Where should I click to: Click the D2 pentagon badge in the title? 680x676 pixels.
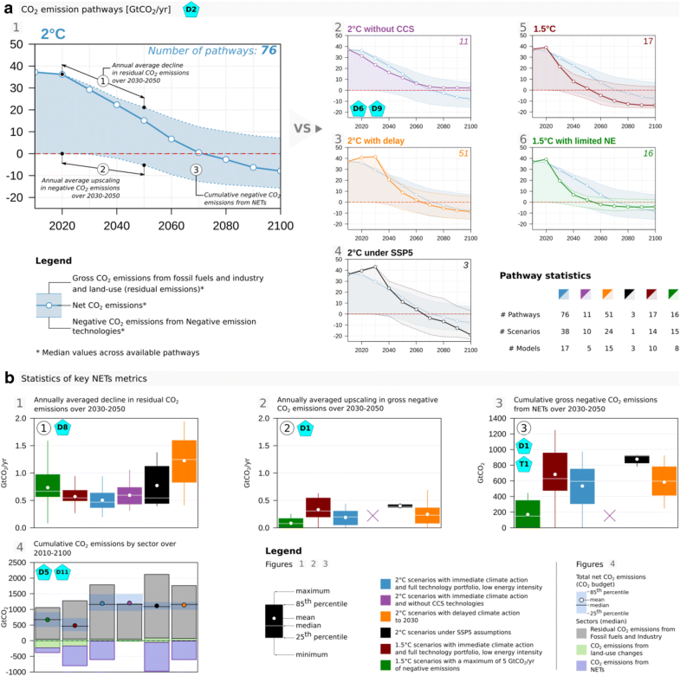191,10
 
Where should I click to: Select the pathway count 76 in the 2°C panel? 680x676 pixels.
269,52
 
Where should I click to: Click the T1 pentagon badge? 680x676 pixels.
524,465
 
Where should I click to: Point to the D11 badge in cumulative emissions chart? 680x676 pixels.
61,572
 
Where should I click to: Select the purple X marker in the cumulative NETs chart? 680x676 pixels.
609,515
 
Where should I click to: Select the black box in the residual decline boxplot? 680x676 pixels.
156,478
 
